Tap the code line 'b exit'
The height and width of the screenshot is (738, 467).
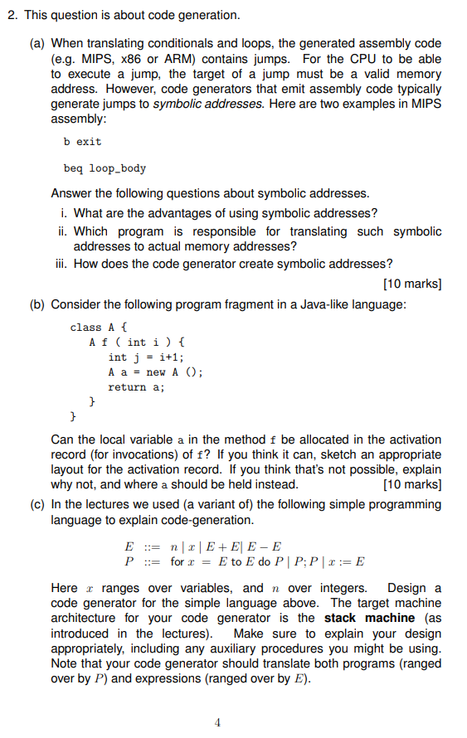tap(82, 141)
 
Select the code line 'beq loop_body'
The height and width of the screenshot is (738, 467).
tap(105, 168)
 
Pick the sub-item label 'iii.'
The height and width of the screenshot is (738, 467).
tap(61, 265)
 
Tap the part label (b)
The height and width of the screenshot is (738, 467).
tap(39, 304)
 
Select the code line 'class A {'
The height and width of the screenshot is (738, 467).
tap(99, 327)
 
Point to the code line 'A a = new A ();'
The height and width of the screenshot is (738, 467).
tap(156, 371)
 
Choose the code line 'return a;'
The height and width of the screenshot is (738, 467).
tap(137, 386)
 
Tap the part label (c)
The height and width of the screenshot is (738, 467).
tap(39, 504)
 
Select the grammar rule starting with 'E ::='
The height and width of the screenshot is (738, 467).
tap(202, 546)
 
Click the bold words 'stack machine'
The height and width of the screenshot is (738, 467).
tap(369, 618)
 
